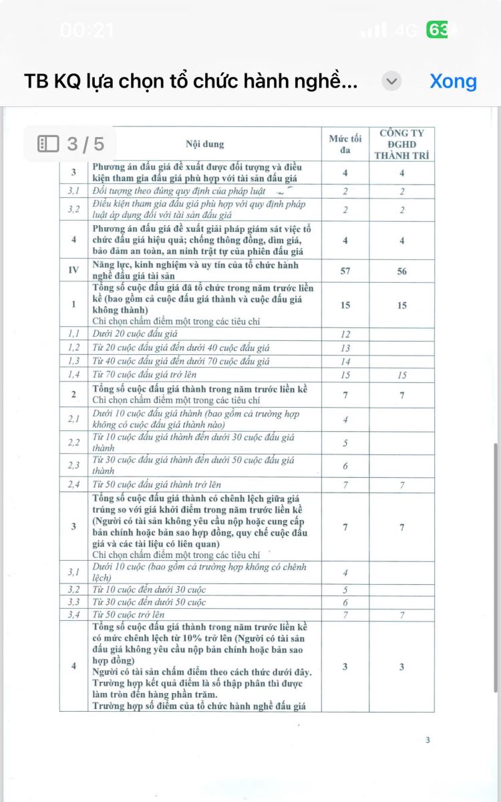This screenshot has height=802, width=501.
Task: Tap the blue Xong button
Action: click(453, 82)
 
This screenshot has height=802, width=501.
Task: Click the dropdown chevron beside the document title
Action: click(391, 82)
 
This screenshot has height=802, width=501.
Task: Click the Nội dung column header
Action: click(204, 144)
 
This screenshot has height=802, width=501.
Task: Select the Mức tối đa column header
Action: click(345, 144)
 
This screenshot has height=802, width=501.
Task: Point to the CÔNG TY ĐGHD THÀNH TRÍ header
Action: click(401, 144)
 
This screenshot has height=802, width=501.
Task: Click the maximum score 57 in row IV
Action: click(345, 271)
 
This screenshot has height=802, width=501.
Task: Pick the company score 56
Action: click(401, 271)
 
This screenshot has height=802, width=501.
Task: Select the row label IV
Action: click(73, 271)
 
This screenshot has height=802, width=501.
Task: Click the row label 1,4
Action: click(73, 375)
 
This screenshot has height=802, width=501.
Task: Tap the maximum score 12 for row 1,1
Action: click(345, 334)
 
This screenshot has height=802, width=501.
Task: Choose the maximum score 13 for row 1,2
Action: click(345, 348)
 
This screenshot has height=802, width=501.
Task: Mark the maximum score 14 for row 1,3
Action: click(345, 362)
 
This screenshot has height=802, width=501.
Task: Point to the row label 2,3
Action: click(73, 466)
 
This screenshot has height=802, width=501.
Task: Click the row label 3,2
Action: click(73, 589)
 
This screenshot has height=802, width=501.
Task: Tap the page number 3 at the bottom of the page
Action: click(428, 740)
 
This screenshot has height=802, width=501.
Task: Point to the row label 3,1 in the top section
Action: click(73, 191)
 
